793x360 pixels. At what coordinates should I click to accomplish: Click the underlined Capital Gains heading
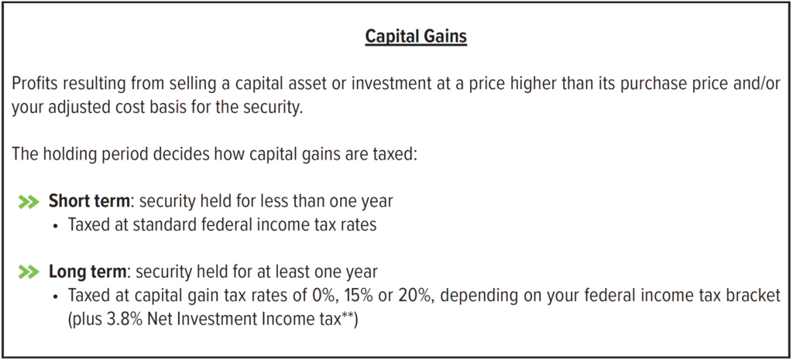pyautogui.click(x=416, y=36)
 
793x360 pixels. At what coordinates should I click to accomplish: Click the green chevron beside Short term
pyautogui.click(x=29, y=202)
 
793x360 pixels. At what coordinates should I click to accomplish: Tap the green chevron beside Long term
pyautogui.click(x=29, y=273)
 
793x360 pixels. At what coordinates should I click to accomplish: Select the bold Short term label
pyautogui.click(x=89, y=201)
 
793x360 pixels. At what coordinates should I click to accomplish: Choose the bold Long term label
pyautogui.click(x=88, y=272)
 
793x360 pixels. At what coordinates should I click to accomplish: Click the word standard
pyautogui.click(x=163, y=225)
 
